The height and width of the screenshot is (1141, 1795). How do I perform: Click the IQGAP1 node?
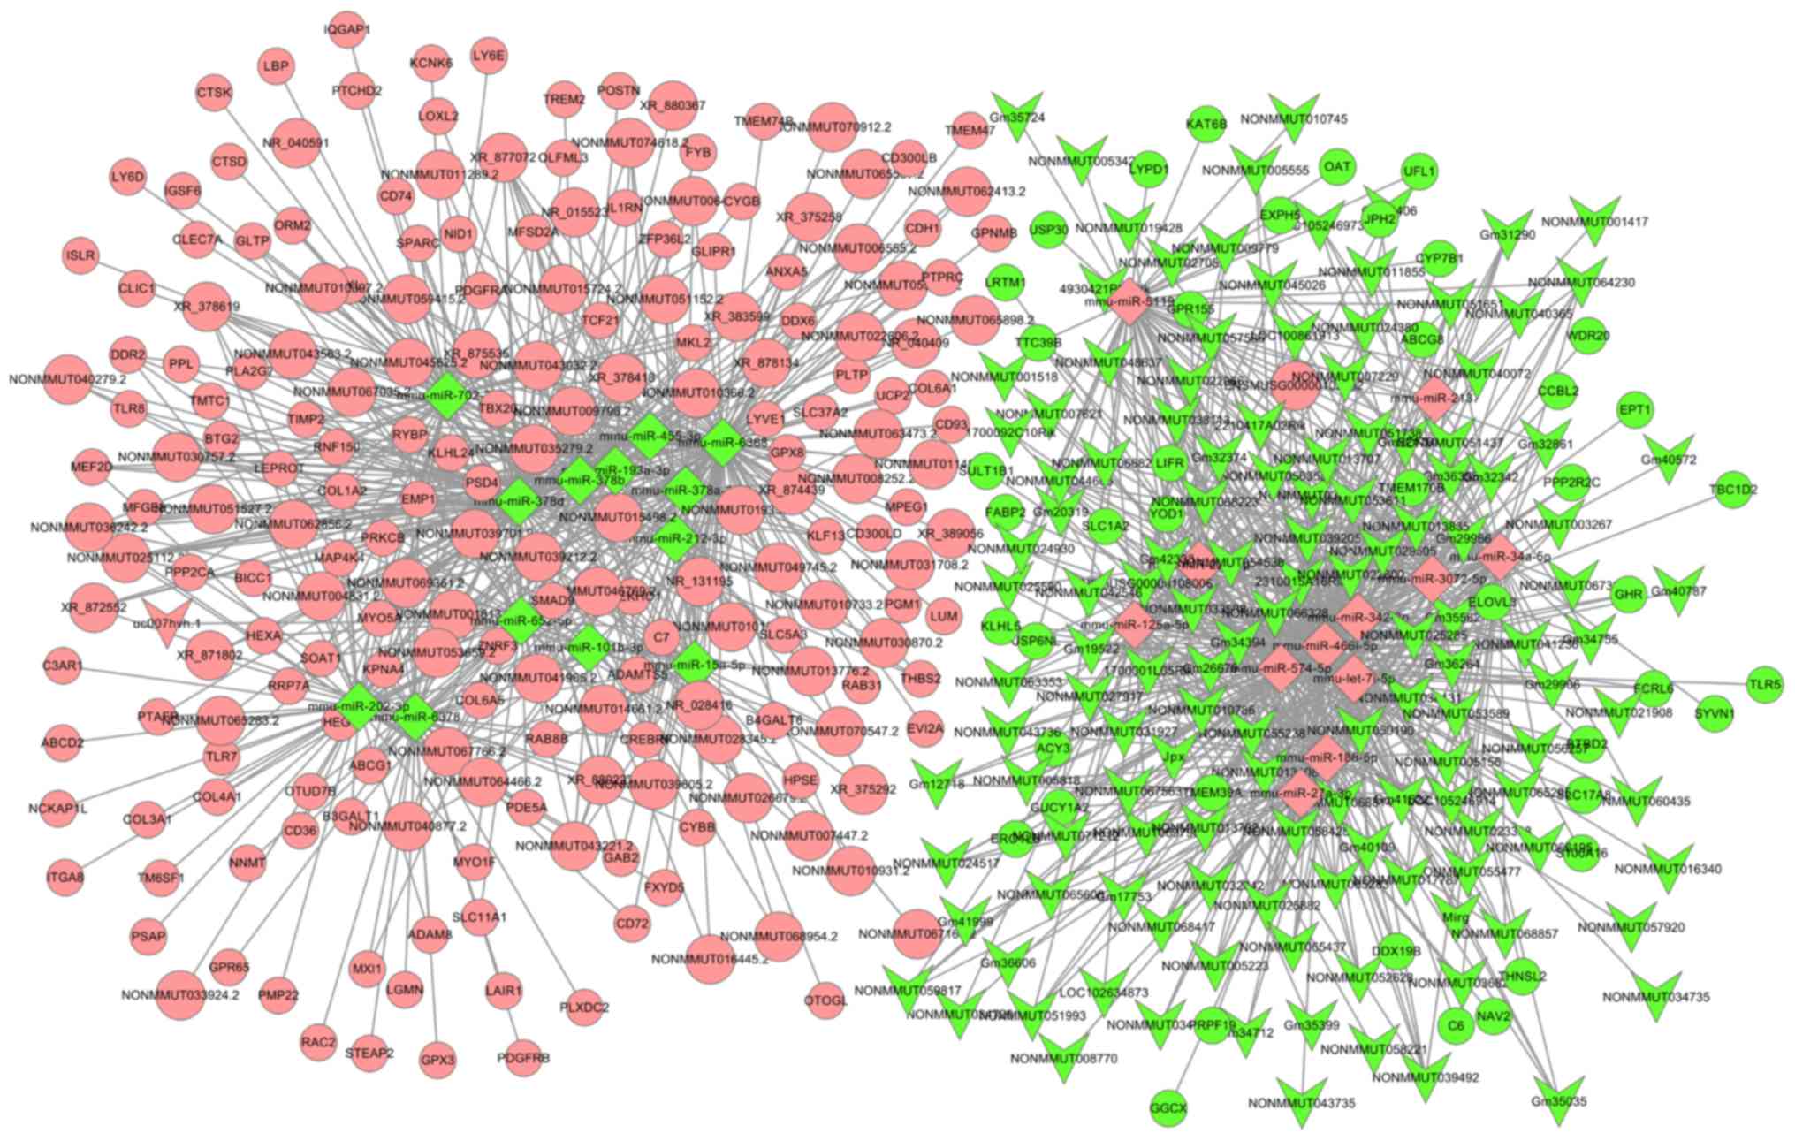click(348, 29)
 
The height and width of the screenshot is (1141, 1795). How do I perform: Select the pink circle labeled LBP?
click(275, 66)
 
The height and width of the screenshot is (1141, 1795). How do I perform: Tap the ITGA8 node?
click(65, 878)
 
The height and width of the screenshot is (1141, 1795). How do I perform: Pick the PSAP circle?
click(148, 936)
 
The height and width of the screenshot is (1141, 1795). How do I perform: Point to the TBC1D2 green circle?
click(1733, 489)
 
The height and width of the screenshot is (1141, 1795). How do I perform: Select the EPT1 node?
click(1634, 410)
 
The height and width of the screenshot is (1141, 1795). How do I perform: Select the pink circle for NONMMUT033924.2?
click(180, 995)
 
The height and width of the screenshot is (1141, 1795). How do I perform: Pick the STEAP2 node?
click(369, 1053)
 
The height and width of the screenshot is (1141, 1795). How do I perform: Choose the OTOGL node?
click(825, 1000)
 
